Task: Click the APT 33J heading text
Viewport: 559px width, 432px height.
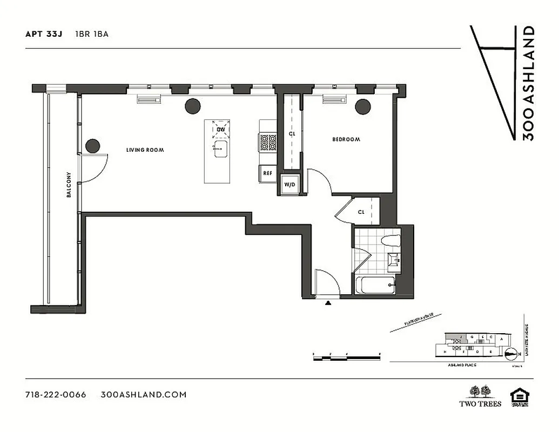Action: tap(44, 34)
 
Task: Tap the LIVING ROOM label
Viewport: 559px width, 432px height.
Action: tap(145, 150)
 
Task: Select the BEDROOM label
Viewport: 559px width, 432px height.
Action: tap(346, 139)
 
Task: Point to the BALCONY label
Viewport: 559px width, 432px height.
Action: tap(69, 185)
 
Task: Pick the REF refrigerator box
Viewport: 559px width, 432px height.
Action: tap(267, 173)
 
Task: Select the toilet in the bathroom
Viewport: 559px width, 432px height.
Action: tap(390, 241)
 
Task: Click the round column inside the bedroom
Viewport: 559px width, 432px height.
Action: tap(363, 107)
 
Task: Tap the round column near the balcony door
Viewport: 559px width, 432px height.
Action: tap(93, 146)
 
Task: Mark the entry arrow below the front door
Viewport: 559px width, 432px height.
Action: tap(327, 303)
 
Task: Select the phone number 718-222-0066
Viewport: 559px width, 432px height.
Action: tap(56, 394)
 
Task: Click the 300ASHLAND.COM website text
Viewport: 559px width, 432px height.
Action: tap(144, 394)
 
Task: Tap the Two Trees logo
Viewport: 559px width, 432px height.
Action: tap(480, 396)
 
